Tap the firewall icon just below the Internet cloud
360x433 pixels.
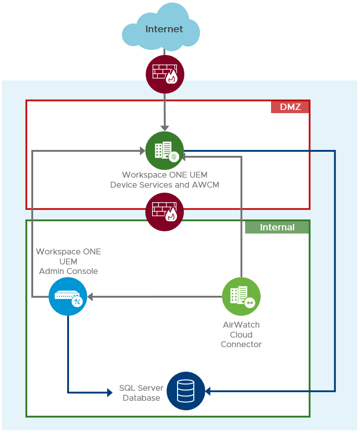165,74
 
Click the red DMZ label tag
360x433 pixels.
290,107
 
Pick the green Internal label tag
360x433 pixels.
277,227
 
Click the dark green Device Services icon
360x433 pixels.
164,150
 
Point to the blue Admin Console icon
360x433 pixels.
68,297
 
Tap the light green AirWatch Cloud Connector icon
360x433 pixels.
241,297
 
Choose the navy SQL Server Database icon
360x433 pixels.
186,391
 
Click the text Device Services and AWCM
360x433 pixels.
165,185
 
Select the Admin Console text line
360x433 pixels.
69,271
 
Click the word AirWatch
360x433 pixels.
241,325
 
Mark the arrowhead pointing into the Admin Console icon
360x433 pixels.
90,297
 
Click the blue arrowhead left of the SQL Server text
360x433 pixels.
109,392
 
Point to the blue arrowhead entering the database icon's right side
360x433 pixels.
208,391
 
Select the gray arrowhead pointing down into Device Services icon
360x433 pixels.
164,128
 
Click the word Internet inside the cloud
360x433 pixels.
164,29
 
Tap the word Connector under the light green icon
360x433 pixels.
241,344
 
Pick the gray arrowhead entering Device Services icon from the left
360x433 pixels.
142,151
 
